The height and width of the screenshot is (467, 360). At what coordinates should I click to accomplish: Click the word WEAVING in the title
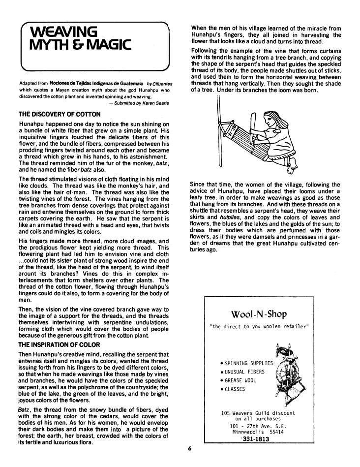[63, 34]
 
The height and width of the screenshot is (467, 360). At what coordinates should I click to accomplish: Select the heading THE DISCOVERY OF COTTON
[60, 115]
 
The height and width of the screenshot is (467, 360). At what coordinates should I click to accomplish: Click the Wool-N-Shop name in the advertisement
[258, 314]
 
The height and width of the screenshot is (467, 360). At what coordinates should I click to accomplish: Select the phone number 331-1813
[256, 439]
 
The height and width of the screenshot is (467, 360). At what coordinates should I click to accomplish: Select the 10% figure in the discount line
[226, 413]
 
